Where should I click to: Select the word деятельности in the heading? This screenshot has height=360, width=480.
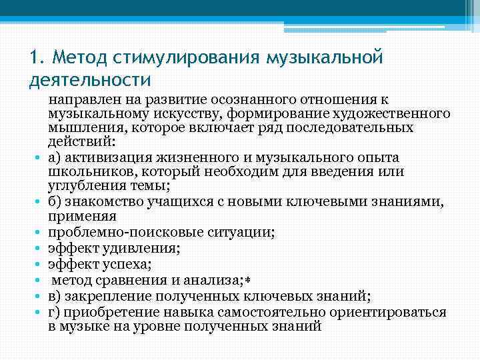90,80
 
